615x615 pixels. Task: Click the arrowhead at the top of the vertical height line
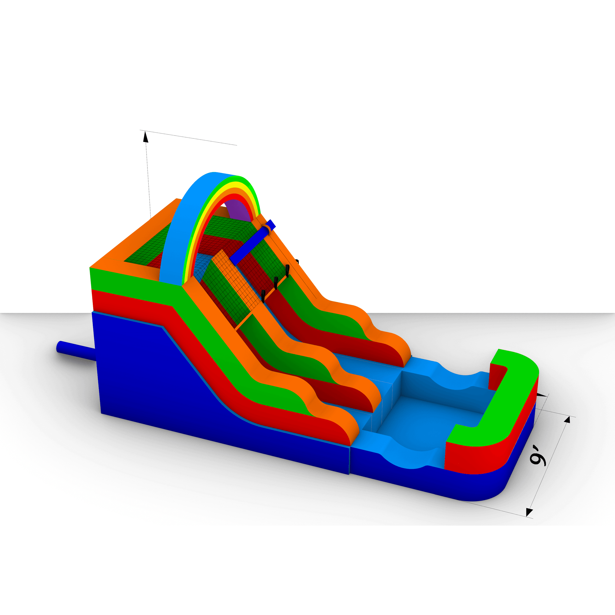pos(146,137)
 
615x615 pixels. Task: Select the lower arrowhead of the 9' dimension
pos(529,512)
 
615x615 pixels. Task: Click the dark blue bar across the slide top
pos(252,242)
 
